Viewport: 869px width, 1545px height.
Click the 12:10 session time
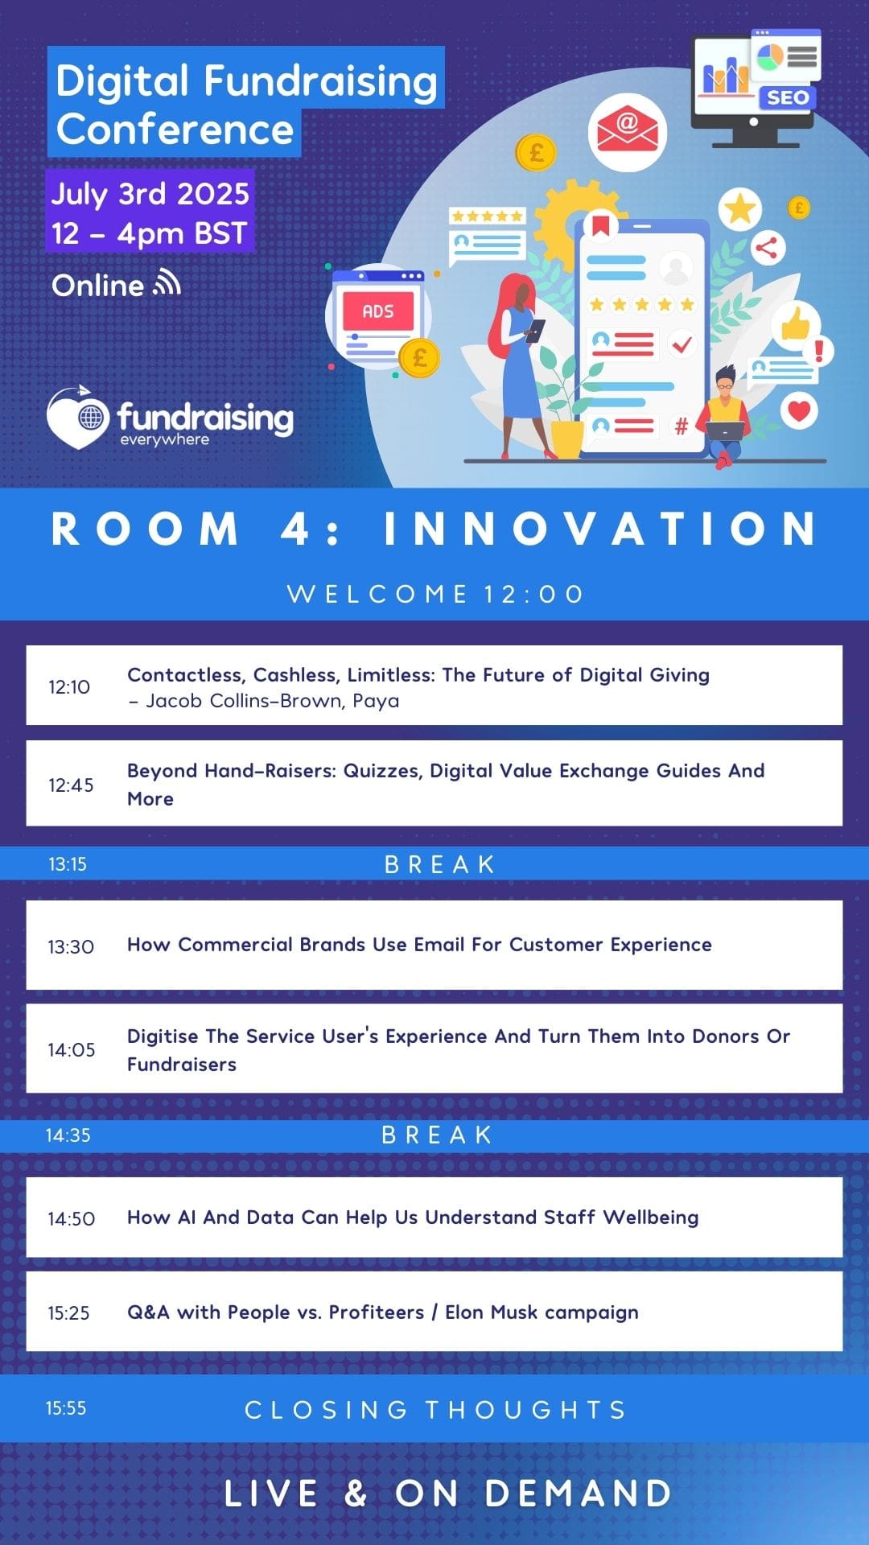[x=69, y=687]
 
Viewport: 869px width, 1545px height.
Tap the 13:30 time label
[x=71, y=946]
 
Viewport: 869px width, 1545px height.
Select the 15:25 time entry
[x=68, y=1313]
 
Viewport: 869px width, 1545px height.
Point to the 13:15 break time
[x=68, y=864]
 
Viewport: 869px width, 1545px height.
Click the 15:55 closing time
[x=66, y=1408]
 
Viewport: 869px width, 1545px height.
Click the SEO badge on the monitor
[x=787, y=98]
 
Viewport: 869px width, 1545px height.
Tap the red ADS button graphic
[x=378, y=311]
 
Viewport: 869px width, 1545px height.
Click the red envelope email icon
[x=627, y=132]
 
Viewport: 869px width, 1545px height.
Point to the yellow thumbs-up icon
[x=796, y=323]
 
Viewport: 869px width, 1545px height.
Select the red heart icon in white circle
[x=799, y=410]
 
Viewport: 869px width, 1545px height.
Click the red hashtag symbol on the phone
[x=681, y=426]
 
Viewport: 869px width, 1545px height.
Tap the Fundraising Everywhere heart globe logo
[x=78, y=417]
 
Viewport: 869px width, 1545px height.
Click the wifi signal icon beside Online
[x=167, y=283]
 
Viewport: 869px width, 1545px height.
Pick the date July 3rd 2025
[x=150, y=194]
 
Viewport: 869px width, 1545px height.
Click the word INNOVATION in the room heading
[x=600, y=529]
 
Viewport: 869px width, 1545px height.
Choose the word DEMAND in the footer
[x=579, y=1493]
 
